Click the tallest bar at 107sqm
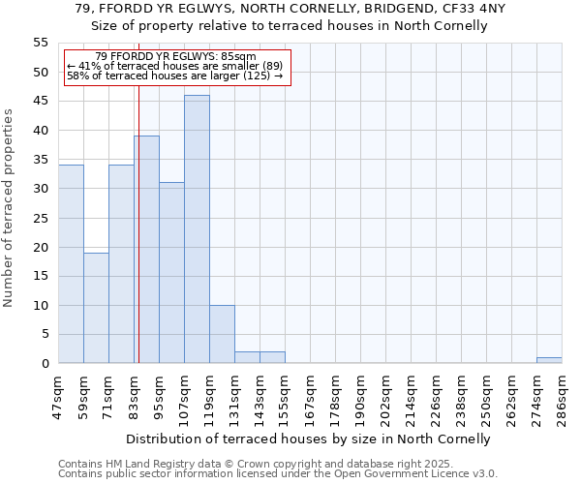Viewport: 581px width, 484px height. (197, 229)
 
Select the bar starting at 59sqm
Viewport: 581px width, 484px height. (96, 308)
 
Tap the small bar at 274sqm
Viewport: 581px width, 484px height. (549, 360)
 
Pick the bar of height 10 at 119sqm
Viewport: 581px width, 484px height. (222, 334)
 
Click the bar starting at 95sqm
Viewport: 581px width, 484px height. (171, 273)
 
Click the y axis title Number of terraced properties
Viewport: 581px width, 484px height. (9, 208)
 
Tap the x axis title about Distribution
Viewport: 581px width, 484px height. (309, 439)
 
